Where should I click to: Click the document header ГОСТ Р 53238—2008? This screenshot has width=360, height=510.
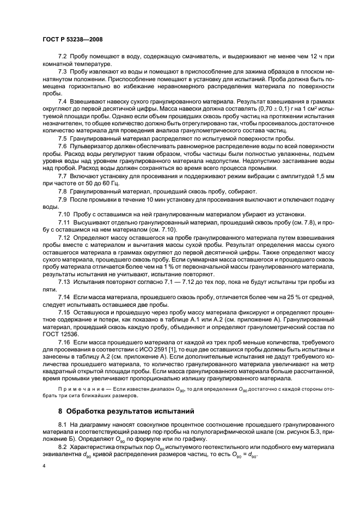[x=72, y=40]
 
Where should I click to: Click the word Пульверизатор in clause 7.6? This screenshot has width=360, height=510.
[x=90, y=147]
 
